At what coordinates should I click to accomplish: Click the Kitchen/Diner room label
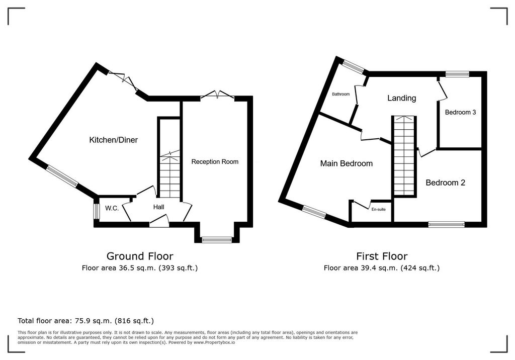point(113,140)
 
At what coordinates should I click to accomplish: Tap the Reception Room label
point(215,162)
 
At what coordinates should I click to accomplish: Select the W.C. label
point(112,208)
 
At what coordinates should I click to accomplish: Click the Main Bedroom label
point(347,163)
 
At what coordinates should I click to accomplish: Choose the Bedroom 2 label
point(445,183)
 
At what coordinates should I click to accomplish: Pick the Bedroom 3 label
point(460,113)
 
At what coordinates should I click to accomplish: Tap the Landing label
point(401,98)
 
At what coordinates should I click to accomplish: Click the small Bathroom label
point(340,94)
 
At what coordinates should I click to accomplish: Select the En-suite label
point(378,209)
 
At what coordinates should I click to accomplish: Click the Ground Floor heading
point(140,256)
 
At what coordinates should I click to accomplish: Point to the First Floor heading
point(382,256)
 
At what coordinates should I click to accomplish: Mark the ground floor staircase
point(169,176)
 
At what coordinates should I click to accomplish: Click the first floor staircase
point(405,156)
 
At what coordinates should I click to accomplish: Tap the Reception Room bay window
point(217,240)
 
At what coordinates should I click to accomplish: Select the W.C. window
point(96,211)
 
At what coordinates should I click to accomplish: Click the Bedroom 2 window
point(446,224)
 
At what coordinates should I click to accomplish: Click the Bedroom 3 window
point(457,74)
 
